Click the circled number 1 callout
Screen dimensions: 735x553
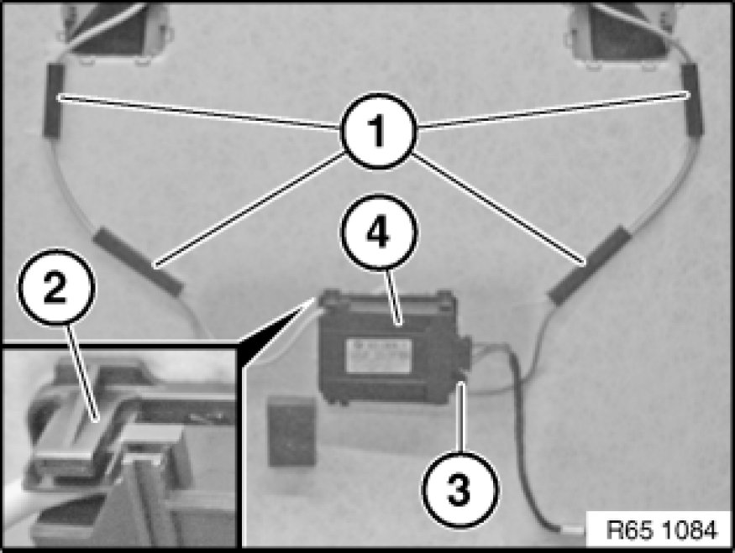point(378,131)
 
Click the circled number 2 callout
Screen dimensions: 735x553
point(57,287)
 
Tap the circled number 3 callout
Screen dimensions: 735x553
point(459,490)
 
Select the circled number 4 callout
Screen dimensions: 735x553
point(379,232)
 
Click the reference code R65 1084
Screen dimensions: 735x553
point(661,530)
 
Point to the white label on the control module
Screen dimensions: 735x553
point(379,356)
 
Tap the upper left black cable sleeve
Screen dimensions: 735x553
point(54,100)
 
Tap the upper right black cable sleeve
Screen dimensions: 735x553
point(692,99)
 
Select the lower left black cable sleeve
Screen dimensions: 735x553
point(138,261)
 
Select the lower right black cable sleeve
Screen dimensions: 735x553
point(590,265)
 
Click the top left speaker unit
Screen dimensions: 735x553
point(113,31)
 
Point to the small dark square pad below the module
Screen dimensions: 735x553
point(291,430)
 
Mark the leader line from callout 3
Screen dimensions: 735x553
point(462,418)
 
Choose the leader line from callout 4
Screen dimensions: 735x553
point(392,297)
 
